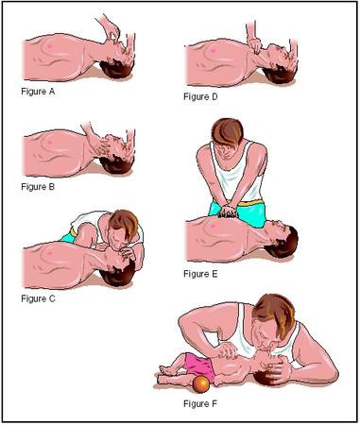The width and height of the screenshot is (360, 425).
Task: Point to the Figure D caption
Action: [x=201, y=96]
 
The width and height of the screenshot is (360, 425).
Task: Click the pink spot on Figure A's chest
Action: [x=48, y=44]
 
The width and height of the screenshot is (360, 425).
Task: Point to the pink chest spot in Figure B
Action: [x=48, y=139]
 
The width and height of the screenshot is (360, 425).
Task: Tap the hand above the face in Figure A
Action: [x=111, y=24]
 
